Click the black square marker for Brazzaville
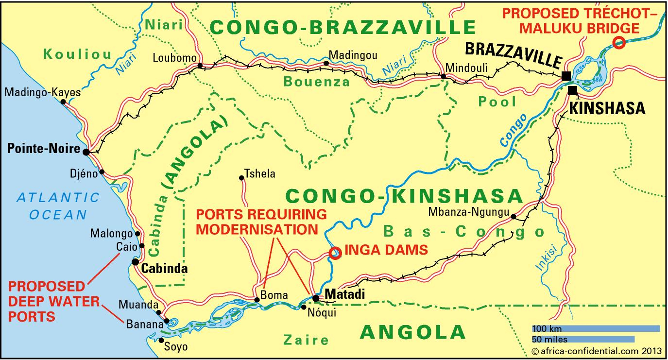565,76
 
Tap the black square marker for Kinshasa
573,90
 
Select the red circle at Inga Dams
335,253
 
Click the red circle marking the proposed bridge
618,43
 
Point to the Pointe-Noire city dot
86,152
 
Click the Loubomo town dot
200,65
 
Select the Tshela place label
260,173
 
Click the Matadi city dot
316,298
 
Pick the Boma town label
274,295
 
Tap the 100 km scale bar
596,328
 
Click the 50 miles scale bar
582,339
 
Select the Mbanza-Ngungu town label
468,212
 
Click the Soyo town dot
161,340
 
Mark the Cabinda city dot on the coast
136,262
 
